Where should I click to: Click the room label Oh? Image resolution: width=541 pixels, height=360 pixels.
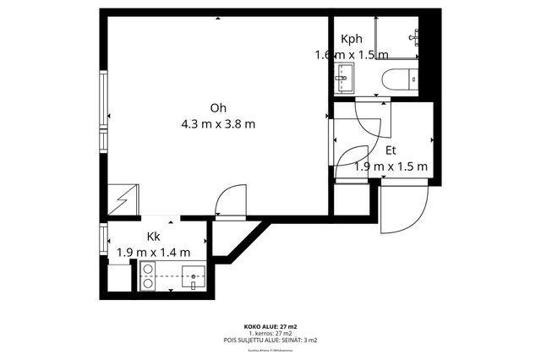218,107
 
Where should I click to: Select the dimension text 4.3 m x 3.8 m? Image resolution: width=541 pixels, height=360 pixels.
218,124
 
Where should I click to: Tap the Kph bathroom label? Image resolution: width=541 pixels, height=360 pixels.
352,40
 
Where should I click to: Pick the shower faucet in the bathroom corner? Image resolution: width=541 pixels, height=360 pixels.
414,36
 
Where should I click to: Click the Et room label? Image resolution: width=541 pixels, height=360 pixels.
391,150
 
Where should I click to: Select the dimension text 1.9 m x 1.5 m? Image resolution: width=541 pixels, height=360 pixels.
391,166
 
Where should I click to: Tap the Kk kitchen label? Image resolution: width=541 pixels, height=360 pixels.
153,237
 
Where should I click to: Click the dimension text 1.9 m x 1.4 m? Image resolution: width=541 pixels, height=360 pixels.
153,252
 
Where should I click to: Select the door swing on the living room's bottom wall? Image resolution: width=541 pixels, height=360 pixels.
227,203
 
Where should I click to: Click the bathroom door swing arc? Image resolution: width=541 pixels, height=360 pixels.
372,118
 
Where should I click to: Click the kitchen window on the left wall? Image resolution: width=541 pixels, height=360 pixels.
103,240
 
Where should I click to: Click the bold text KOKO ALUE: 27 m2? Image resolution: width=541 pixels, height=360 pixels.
270,325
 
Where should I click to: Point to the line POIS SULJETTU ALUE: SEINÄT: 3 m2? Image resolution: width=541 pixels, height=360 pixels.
270,340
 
